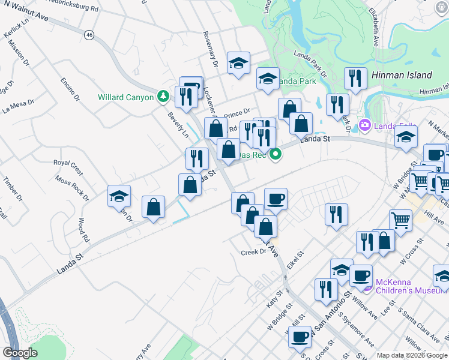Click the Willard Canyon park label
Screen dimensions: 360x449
pyautogui.click(x=127, y=97)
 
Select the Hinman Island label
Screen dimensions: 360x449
pyautogui.click(x=402, y=75)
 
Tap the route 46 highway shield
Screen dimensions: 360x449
pyautogui.click(x=89, y=35)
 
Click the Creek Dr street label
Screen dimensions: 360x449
pyautogui.click(x=253, y=252)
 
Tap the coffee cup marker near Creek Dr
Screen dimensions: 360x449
pyautogui.click(x=276, y=200)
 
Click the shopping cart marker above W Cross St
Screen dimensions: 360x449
pyautogui.click(x=400, y=223)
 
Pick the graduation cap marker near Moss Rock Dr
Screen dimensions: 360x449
pyautogui.click(x=119, y=197)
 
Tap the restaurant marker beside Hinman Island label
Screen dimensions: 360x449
pyautogui.click(x=355, y=79)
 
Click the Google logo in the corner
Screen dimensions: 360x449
pyautogui.click(x=20, y=353)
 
